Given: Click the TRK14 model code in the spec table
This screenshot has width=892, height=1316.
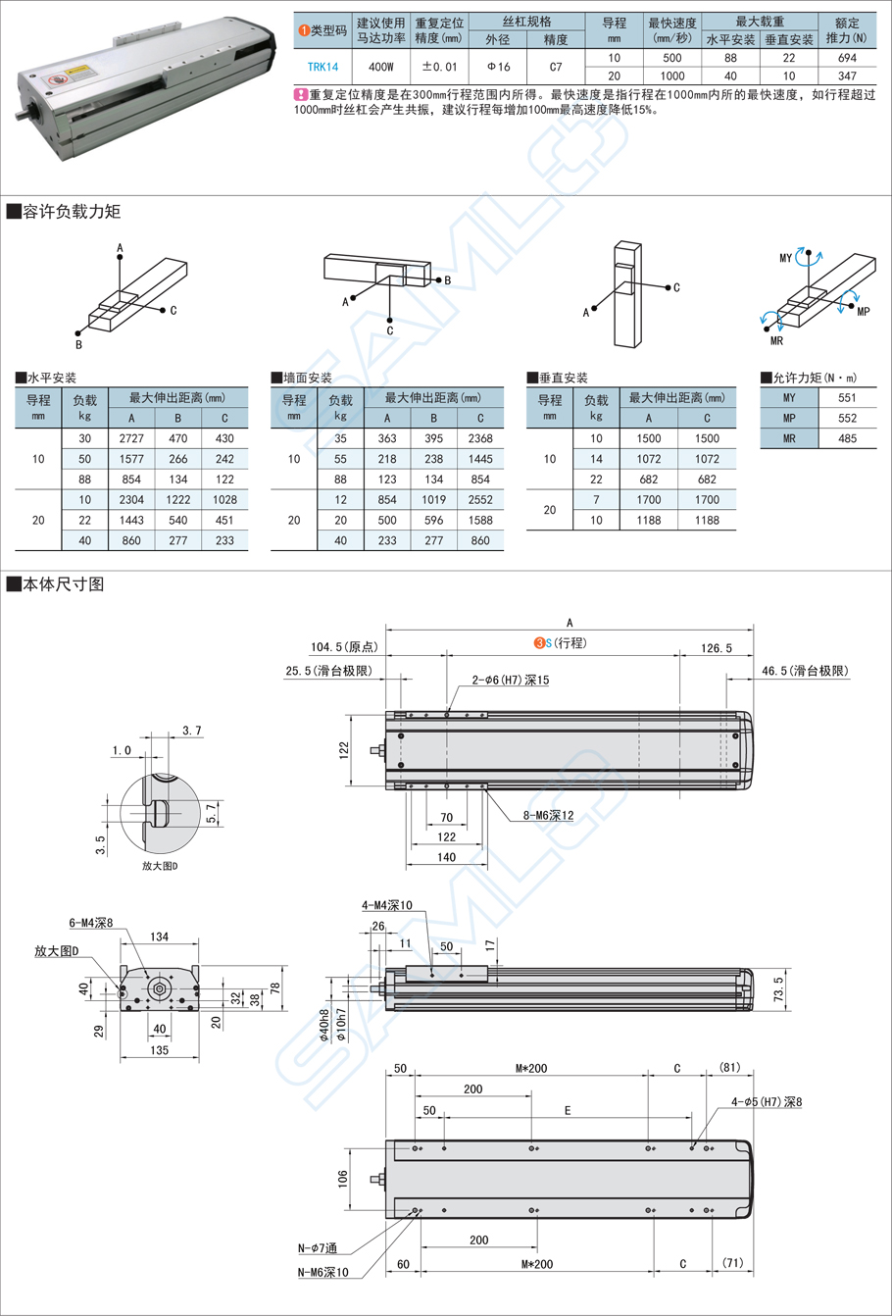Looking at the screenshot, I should [322, 67].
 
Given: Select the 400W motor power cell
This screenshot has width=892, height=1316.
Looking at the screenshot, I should [380, 67].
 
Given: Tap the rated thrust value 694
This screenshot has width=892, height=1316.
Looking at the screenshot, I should [847, 58].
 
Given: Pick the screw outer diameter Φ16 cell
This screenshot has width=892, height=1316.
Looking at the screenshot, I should [498, 67].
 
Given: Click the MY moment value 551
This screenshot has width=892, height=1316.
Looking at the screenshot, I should [847, 398].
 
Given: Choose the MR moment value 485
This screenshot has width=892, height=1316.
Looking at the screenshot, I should [847, 439].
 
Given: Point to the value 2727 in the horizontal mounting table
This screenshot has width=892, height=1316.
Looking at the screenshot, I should [131, 438].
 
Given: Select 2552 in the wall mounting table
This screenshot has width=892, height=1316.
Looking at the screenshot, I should [480, 499].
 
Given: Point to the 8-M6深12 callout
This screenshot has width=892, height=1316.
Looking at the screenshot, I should [533, 816].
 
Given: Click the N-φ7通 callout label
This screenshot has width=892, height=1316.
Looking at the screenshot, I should [318, 1248].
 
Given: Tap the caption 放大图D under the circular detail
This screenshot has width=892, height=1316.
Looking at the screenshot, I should [160, 866].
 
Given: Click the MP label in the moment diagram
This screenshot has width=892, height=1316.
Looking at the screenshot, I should [863, 311].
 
